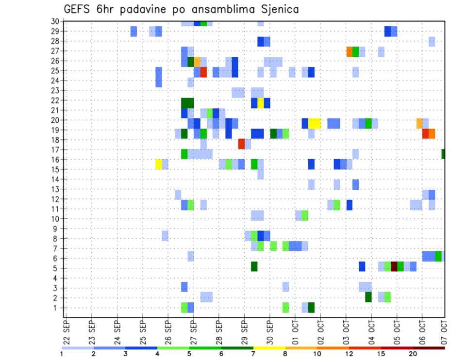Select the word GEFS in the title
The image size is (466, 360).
coord(79,9)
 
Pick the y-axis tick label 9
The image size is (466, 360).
coord(57,229)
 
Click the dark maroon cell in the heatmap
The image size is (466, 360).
coord(394,266)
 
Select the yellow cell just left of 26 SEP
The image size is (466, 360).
coord(158,164)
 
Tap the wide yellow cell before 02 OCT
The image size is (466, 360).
coord(315,123)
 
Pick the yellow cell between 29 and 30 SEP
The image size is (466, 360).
coord(261,103)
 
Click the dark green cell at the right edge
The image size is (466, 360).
coord(443,154)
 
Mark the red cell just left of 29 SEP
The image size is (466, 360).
coord(241,144)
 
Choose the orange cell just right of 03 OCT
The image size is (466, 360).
coord(349,51)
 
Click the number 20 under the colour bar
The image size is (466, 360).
coord(413,354)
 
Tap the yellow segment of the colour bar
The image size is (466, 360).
coord(269,348)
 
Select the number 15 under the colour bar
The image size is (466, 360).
coord(381,354)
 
